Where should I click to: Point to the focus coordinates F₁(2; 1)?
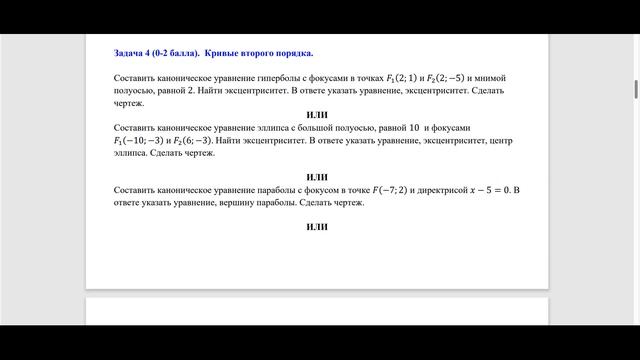click(404, 77)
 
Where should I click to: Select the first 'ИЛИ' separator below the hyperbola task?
click(317, 115)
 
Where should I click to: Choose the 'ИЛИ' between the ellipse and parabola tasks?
click(317, 177)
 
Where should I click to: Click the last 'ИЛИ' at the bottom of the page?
click(317, 227)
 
